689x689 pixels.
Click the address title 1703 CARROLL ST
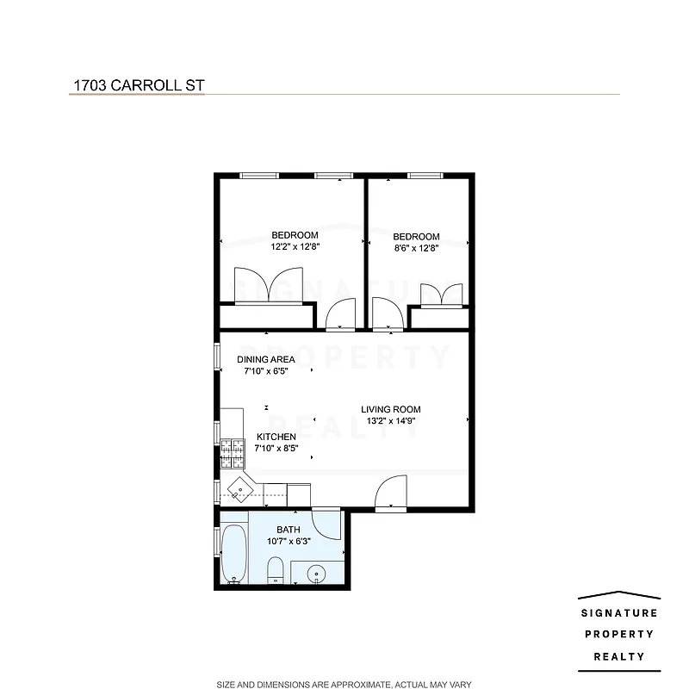pos(137,86)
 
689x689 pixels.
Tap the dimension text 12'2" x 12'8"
pos(295,247)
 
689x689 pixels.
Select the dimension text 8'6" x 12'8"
pos(416,249)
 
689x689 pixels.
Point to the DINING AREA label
pos(266,359)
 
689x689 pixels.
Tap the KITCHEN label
pos(276,437)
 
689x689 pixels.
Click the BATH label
pos(288,530)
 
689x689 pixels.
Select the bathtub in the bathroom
pos(233,556)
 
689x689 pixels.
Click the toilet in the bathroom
pos(276,571)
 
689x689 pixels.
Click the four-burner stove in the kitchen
pos(233,453)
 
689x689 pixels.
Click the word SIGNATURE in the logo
pos(619,613)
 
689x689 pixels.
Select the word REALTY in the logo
pos(619,656)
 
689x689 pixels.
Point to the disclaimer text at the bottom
pos(344,683)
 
